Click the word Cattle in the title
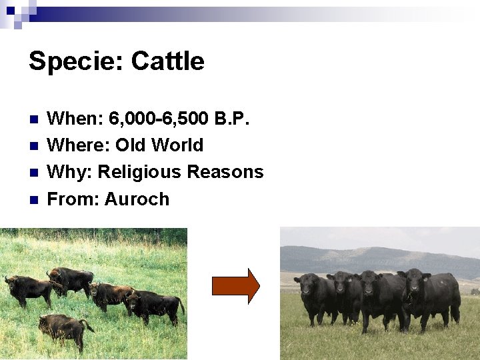click(x=167, y=61)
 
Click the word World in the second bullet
click(x=177, y=145)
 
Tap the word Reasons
click(x=225, y=172)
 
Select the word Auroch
click(x=137, y=199)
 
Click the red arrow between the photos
click(x=235, y=286)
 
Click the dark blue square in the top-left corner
click(x=11, y=10)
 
